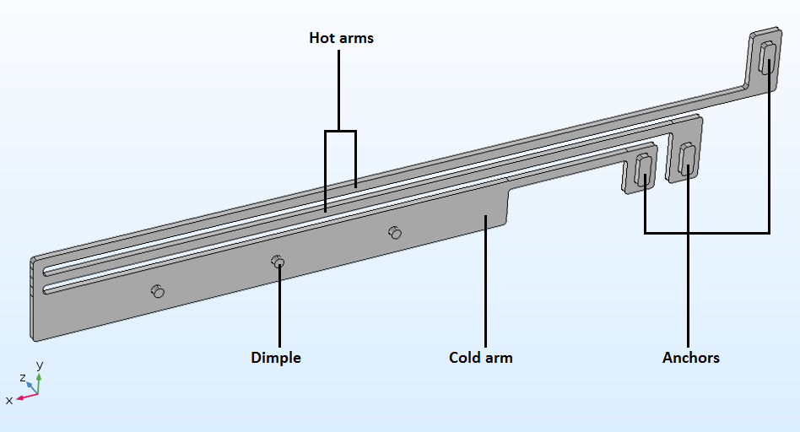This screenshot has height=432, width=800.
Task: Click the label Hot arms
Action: point(341,38)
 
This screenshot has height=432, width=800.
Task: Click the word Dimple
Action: point(276,358)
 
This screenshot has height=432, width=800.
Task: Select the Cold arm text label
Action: point(480,358)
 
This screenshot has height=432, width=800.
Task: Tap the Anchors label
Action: point(690,358)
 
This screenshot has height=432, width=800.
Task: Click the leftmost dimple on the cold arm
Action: point(157,291)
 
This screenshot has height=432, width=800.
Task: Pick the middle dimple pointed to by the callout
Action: point(278,262)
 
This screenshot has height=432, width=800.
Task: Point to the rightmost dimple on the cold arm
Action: point(394,232)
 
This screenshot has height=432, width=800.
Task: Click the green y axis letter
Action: point(39,365)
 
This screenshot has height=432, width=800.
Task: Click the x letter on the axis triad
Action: point(9,400)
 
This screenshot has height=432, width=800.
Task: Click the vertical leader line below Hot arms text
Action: point(339,89)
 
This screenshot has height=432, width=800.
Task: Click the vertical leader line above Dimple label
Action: point(278,304)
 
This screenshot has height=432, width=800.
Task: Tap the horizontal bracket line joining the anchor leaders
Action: point(707,232)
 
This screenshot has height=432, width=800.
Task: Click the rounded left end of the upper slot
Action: point(47,270)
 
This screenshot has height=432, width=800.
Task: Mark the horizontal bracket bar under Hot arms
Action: point(340,131)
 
